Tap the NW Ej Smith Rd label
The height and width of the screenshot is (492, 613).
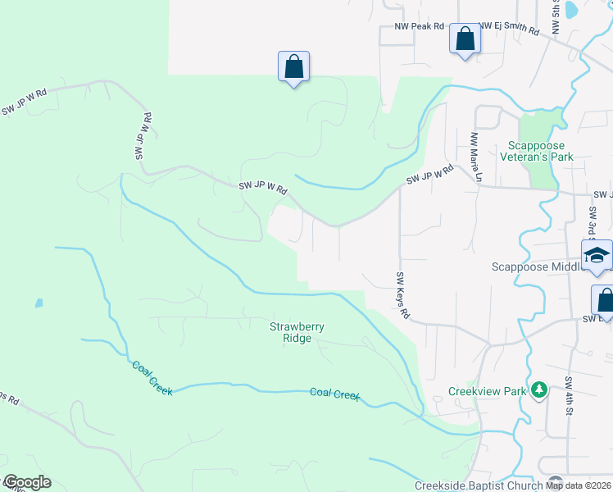pos(509,30)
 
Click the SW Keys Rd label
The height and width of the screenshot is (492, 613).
pos(402,295)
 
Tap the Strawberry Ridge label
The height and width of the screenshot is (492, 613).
pos(297,332)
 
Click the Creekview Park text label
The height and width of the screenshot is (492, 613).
pos(487,391)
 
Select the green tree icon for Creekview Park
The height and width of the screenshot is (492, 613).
pos(539,389)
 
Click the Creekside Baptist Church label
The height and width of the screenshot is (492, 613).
pos(479,485)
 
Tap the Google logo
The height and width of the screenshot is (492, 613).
pos(26,482)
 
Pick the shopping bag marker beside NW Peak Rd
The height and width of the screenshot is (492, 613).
pos(465,39)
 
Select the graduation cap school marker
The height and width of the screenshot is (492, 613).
pos(597,256)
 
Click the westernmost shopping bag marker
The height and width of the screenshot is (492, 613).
pos(293,66)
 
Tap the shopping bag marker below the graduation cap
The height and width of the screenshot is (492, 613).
pos(605,300)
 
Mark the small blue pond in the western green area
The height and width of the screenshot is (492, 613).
pos(39,303)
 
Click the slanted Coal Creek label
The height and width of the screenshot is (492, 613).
pos(152,377)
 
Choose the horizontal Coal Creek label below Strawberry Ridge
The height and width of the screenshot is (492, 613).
pos(334,394)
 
